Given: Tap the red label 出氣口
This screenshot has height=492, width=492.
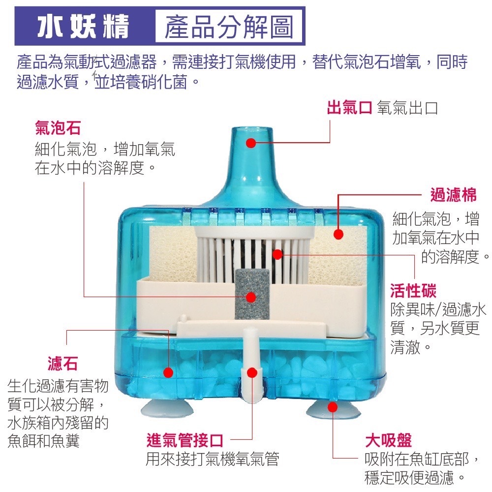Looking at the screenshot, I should pyautogui.click(x=349, y=108).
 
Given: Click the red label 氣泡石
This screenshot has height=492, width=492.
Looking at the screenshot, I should pyautogui.click(x=58, y=129).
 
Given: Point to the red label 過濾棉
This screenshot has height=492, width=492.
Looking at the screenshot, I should pyautogui.click(x=453, y=195).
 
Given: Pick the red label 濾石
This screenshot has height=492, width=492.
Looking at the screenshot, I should pyautogui.click(x=62, y=364).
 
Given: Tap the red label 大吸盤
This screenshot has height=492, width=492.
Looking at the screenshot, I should pyautogui.click(x=388, y=440).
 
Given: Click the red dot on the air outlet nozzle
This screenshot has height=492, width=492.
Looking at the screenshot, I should pyautogui.click(x=251, y=143).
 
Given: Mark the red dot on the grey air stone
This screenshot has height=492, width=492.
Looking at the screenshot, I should pyautogui.click(x=251, y=297).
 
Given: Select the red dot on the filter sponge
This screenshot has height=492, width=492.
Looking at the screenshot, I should pyautogui.click(x=338, y=234).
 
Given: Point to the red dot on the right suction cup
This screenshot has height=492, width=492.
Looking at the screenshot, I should pyautogui.click(x=333, y=407).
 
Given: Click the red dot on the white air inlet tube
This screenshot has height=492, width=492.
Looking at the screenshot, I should pyautogui.click(x=252, y=372).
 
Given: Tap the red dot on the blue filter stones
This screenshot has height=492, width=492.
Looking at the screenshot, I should pyautogui.click(x=168, y=372).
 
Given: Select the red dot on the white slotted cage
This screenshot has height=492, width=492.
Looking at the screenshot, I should pyautogui.click(x=277, y=254).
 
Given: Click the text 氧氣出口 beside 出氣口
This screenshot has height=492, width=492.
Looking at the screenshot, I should pyautogui.click(x=407, y=108).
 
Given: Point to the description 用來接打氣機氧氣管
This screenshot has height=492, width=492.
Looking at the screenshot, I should pyautogui.click(x=212, y=459).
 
